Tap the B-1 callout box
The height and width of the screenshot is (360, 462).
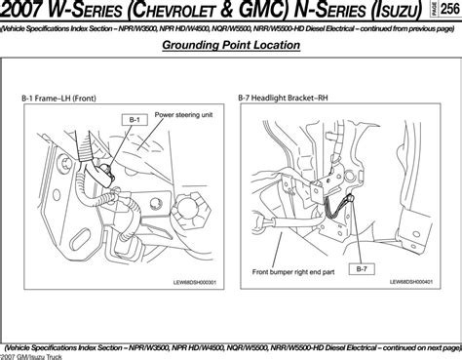[x=135, y=118]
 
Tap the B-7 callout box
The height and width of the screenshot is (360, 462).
[x=361, y=266]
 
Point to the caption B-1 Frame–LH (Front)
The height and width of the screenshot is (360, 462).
[x=64, y=98]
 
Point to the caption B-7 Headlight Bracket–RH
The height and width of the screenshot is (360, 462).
[x=288, y=98]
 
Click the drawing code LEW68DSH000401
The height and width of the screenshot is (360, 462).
[x=410, y=283]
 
